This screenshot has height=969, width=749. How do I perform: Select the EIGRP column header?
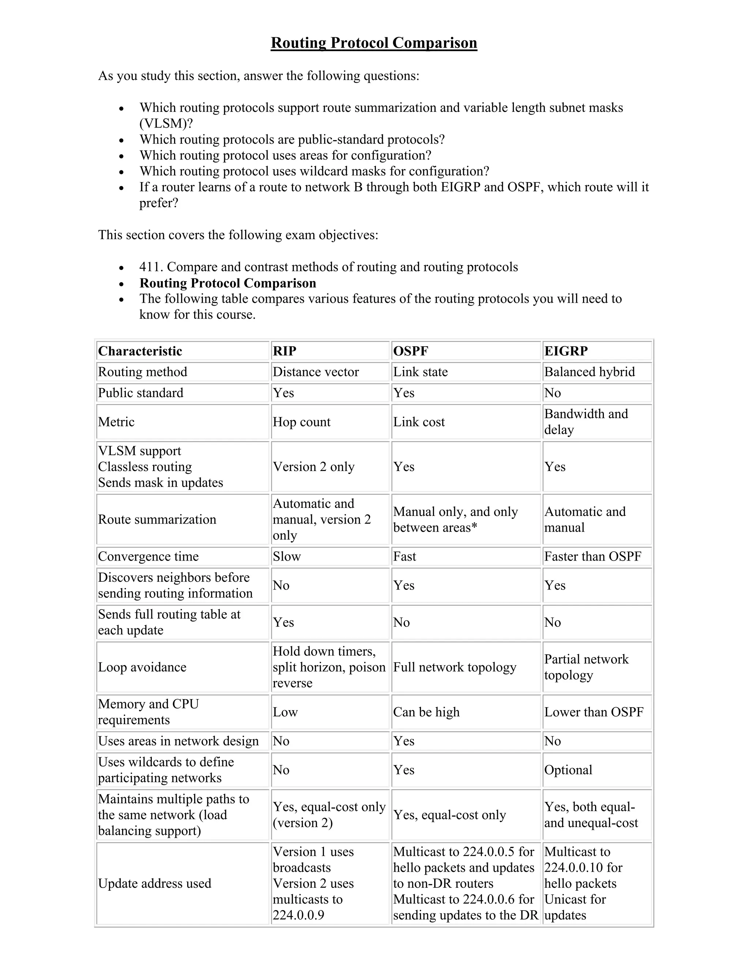[x=566, y=351]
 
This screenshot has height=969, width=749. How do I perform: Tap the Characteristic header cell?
[x=140, y=351]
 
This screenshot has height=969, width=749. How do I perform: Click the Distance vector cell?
[x=316, y=372]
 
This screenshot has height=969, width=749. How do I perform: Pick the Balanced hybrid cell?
[x=589, y=372]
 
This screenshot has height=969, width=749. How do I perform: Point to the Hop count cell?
[x=302, y=422]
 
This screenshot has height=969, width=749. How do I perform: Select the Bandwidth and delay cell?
[x=586, y=422]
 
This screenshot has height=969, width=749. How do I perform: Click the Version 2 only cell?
[x=313, y=467]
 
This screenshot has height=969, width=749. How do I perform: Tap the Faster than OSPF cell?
[x=593, y=557]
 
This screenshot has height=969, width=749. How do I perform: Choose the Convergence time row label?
[x=148, y=557]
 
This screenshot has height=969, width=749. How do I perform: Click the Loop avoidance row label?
[x=142, y=667]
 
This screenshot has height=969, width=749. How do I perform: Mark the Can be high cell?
[x=426, y=712]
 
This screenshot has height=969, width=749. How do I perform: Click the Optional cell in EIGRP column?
[x=568, y=770]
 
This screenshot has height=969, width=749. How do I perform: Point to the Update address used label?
[x=154, y=883]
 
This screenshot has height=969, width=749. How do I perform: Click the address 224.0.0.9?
[x=298, y=915]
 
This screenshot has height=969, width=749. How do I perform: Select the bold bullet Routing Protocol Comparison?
[x=227, y=283]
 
